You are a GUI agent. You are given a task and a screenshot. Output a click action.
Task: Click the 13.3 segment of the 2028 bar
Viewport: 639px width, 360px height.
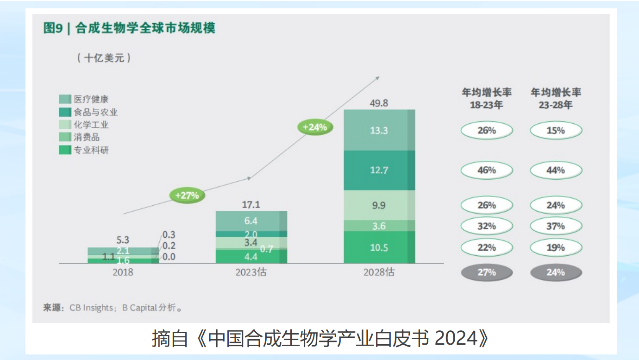click(x=379, y=130)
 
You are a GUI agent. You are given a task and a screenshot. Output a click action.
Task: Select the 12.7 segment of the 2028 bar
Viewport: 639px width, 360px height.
click(x=379, y=170)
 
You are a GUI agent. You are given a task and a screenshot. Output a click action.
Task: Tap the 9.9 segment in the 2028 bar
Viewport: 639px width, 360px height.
click(x=379, y=205)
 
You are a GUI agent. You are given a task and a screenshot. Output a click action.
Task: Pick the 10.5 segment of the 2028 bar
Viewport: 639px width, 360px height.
click(x=379, y=247)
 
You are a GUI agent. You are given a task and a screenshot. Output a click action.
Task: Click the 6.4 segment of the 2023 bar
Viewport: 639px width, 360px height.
click(x=251, y=221)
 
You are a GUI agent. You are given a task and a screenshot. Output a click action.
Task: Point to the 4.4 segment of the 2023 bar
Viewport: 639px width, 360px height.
click(x=251, y=256)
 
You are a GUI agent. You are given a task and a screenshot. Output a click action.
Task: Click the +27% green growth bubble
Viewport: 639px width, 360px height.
click(x=187, y=195)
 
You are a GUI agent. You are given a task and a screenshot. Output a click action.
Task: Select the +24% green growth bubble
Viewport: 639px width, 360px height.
click(x=315, y=127)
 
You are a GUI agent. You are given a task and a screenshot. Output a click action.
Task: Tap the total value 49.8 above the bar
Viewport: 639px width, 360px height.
click(x=379, y=103)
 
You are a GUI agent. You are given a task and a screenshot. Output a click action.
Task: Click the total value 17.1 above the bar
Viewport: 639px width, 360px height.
click(x=251, y=204)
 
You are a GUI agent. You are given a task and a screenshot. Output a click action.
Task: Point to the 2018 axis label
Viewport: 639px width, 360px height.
click(x=123, y=272)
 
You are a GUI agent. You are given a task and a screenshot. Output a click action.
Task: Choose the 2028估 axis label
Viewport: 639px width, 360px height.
click(x=379, y=272)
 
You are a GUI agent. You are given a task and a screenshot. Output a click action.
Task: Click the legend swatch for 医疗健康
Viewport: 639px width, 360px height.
click(x=65, y=99)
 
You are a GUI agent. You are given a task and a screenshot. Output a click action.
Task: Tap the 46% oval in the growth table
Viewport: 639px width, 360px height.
click(x=487, y=170)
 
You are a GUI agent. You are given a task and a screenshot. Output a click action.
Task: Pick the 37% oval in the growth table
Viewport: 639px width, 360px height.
click(x=556, y=226)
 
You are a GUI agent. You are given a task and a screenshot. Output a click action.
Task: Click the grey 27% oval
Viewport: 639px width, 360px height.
click(x=487, y=272)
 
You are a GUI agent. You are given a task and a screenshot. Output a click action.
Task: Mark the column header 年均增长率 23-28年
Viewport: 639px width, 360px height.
click(x=556, y=98)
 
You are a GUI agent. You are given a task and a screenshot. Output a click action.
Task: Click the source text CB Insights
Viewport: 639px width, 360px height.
click(x=91, y=308)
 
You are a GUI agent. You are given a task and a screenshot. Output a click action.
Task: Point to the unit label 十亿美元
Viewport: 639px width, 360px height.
click(x=104, y=58)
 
